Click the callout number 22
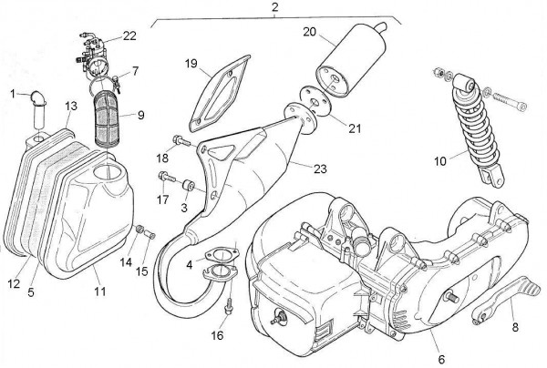(129, 36)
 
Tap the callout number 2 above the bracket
(273, 7)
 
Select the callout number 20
(309, 32)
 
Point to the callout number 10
(439, 161)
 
